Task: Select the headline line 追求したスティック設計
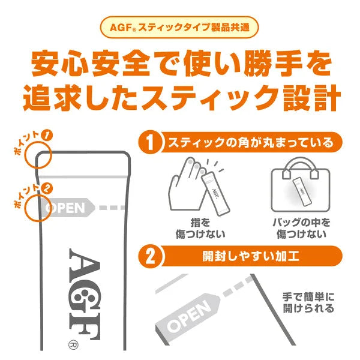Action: [179, 98]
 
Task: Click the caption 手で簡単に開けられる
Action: [307, 303]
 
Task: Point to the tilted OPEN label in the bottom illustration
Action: [190, 315]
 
